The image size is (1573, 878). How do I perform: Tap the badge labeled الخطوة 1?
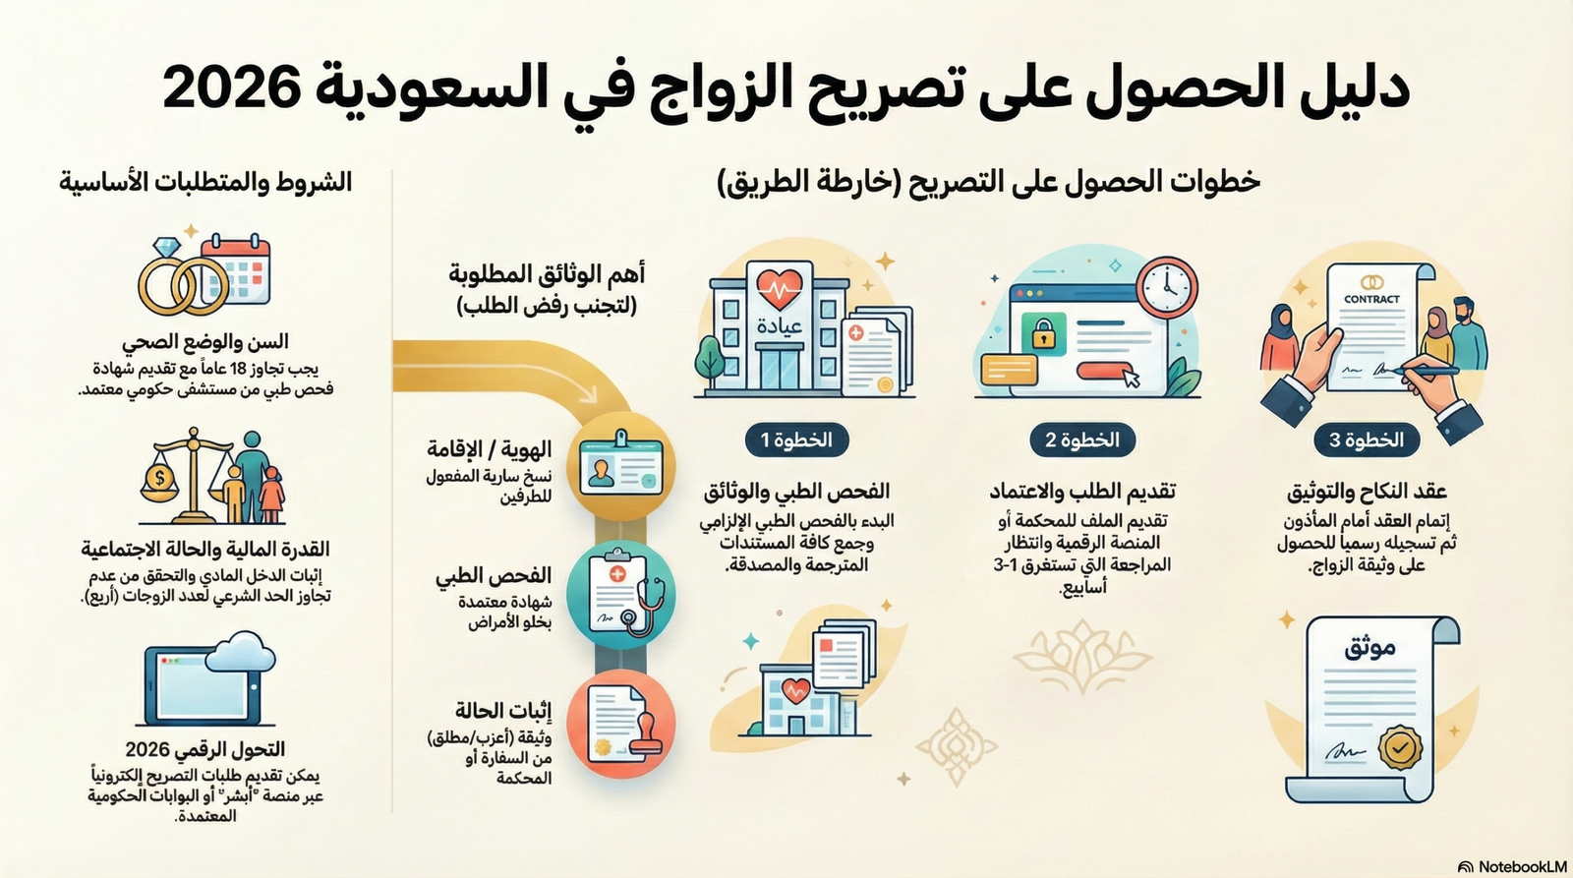pos(796,439)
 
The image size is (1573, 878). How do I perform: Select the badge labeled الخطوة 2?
pos(1081,439)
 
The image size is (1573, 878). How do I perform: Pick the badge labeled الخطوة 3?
pos(1367,439)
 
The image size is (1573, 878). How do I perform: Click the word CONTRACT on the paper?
pos(1371,299)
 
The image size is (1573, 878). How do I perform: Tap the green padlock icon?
pos(1042,334)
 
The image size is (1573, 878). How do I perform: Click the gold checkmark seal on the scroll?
pos(1398,746)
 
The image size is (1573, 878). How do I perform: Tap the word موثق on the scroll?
pos(1369,647)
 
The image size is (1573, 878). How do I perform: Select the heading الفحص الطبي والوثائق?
pos(796,491)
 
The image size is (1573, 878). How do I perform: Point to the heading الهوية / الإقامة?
pos(489,449)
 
